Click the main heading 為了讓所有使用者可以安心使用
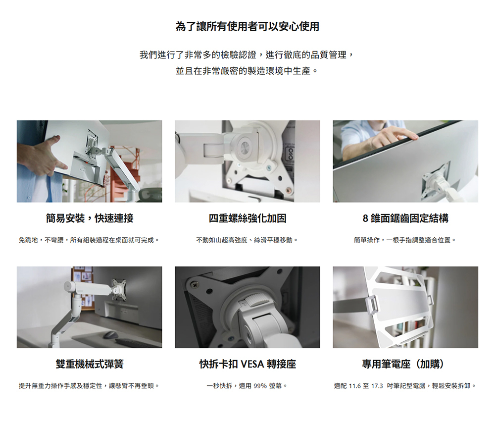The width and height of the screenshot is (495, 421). [x=247, y=26]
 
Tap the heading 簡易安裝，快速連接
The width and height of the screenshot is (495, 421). [x=90, y=218]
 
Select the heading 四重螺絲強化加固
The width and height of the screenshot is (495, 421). [x=247, y=218]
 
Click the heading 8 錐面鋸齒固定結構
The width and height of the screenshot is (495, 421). [x=405, y=218]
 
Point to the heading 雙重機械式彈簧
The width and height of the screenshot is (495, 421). [x=90, y=364]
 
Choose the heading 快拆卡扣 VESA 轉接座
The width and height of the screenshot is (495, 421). [x=247, y=364]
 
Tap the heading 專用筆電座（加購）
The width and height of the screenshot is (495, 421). [x=405, y=364]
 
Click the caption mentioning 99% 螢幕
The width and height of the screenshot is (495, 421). [x=247, y=386]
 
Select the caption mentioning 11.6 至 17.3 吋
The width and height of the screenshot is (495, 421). [x=405, y=386]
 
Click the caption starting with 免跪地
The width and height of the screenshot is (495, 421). [x=89, y=240]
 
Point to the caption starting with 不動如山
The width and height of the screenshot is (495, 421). [x=247, y=240]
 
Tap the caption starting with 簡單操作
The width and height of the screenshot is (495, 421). [x=405, y=240]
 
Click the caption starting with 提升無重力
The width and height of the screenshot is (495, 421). [x=89, y=386]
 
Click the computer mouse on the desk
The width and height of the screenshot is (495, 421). [x=109, y=334]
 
